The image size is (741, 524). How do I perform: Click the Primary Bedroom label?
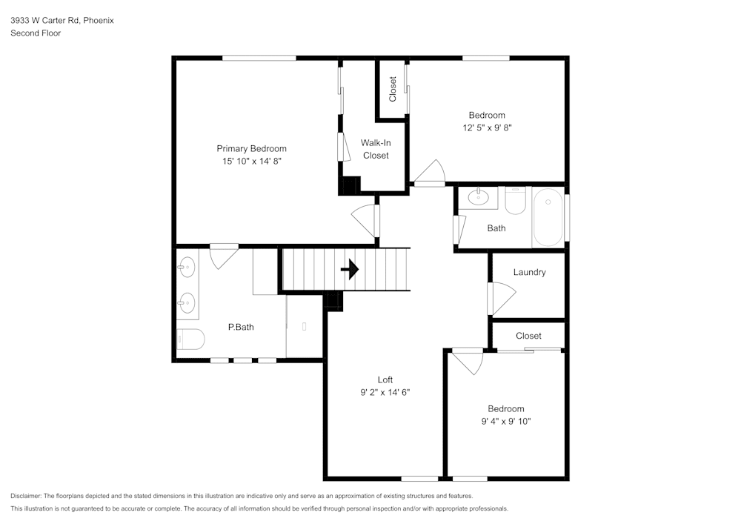[251, 148]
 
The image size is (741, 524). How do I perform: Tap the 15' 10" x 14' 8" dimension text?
[251, 161]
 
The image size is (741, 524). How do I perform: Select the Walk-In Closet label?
[376, 149]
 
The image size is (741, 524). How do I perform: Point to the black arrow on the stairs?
[350, 269]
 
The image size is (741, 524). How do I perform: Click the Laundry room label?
[529, 272]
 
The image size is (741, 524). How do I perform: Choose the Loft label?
[385, 379]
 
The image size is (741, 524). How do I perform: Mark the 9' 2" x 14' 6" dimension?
[385, 392]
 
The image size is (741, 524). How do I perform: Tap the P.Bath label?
[241, 327]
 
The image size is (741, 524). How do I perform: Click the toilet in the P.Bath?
[190, 339]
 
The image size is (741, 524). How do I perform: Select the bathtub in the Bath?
[548, 217]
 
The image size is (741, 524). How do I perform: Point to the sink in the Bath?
[478, 197]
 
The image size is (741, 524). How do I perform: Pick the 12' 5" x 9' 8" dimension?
[487, 127]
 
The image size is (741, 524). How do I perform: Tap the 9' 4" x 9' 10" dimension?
[506, 421]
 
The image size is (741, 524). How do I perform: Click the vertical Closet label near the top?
[393, 89]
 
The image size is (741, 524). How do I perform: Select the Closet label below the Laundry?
[528, 336]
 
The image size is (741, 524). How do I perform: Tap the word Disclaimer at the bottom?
[26, 496]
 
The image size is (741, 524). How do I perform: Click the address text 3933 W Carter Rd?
[44, 21]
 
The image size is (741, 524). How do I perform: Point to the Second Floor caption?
[36, 33]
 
